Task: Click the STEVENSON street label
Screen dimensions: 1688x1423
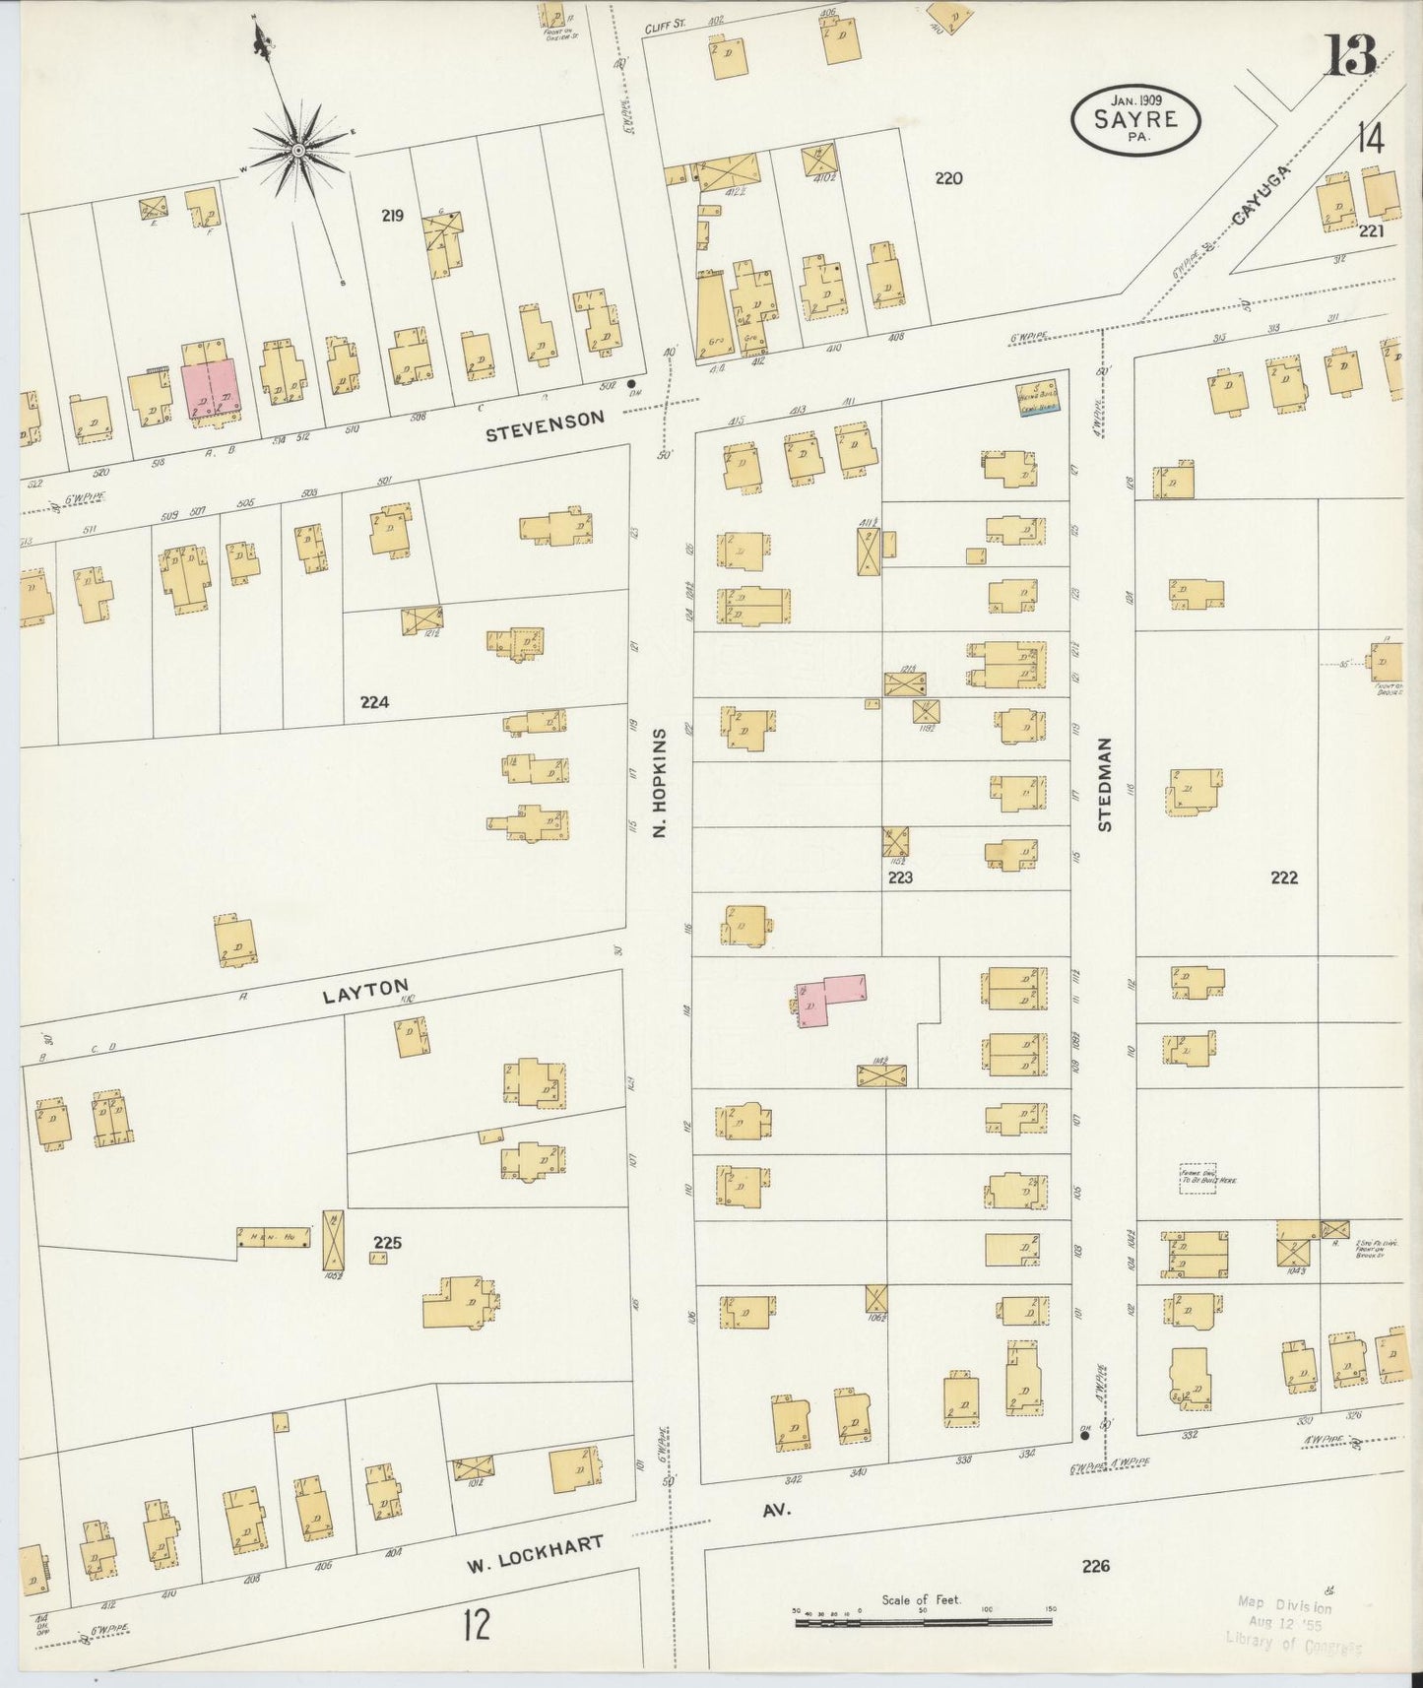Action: coord(557,419)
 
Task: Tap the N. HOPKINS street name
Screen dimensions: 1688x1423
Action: coord(661,783)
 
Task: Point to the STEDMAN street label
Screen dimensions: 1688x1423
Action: coord(1105,785)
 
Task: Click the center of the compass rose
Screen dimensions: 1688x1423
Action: coord(297,150)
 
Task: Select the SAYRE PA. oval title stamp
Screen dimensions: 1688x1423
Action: coord(1135,119)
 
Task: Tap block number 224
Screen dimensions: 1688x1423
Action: coord(374,702)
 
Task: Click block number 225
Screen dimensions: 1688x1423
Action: coord(387,1242)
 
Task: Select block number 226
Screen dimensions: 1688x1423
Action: coord(1094,1565)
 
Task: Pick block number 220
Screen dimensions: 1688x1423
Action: coord(947,178)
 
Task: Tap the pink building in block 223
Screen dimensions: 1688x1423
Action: coord(830,998)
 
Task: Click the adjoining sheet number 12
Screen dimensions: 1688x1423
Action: coord(477,1624)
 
